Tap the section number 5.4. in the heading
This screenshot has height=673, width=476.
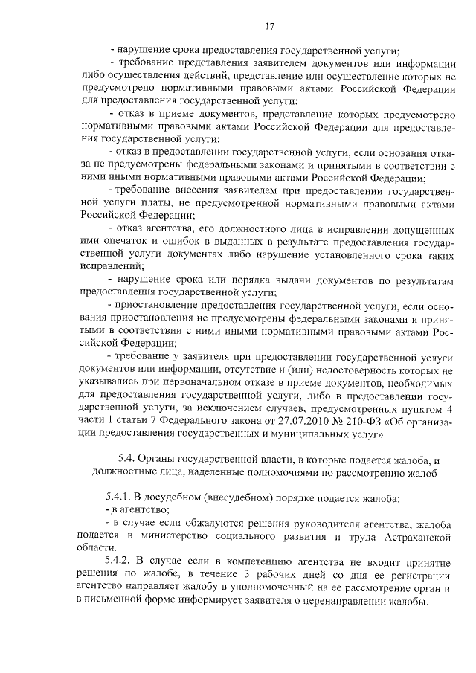click(128, 460)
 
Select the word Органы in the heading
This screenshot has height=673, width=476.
click(161, 460)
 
